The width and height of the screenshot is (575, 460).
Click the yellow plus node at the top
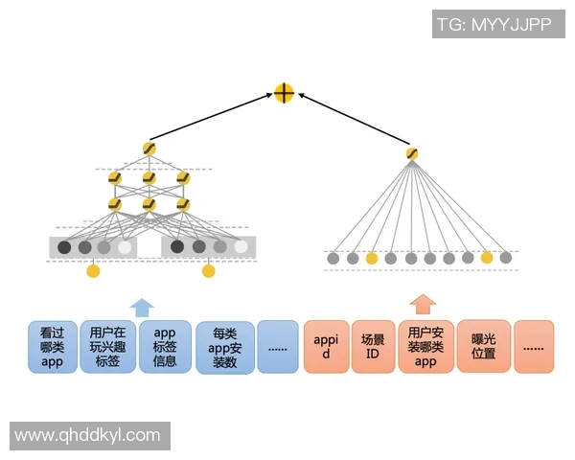point(284,93)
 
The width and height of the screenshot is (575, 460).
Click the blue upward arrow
point(141,307)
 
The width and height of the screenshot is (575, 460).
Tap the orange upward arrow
point(423,305)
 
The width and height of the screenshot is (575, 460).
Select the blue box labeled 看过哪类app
point(52,347)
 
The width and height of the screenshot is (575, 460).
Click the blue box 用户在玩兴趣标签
point(105,347)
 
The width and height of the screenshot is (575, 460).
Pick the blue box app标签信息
point(165,347)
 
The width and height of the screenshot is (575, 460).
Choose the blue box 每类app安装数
point(225,348)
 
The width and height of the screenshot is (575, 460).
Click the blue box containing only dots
point(278,347)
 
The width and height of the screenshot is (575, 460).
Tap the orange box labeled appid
point(325,347)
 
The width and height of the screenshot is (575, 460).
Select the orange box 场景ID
point(373,347)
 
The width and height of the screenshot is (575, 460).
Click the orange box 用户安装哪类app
point(425,347)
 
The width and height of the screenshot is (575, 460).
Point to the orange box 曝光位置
point(484,347)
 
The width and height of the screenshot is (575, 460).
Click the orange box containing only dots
point(534,347)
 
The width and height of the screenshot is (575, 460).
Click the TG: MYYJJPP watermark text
point(494,24)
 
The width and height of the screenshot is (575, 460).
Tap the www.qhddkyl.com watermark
point(88,435)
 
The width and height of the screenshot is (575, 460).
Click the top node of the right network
point(412,153)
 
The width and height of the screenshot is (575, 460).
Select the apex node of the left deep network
point(149,149)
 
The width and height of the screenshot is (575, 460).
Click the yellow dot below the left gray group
point(93,271)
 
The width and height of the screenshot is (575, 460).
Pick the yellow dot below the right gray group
point(208,271)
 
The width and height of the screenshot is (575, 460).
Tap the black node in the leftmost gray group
point(64,247)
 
